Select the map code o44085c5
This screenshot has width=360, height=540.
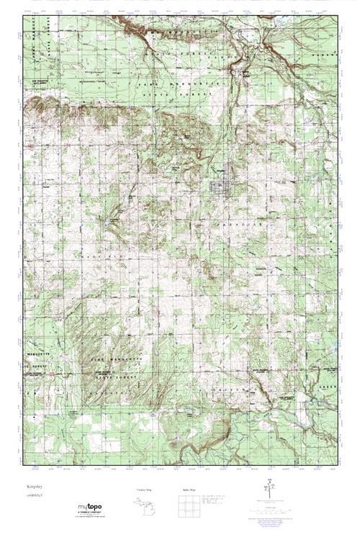(30, 497)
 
